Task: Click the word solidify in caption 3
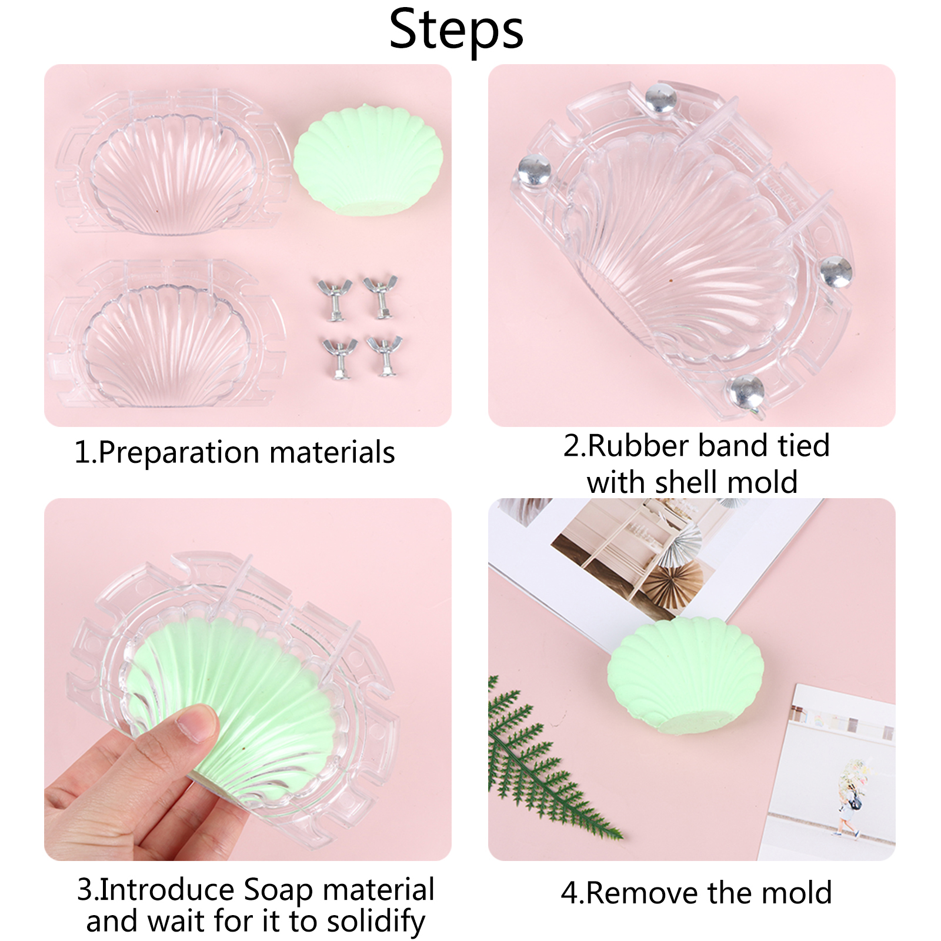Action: click(x=376, y=922)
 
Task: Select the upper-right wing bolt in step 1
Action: click(x=381, y=296)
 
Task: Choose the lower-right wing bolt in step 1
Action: click(x=385, y=355)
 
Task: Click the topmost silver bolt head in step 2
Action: click(x=660, y=99)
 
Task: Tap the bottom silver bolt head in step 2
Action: click(x=746, y=391)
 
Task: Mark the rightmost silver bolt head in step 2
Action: click(x=836, y=272)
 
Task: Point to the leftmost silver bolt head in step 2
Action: click(x=534, y=171)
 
